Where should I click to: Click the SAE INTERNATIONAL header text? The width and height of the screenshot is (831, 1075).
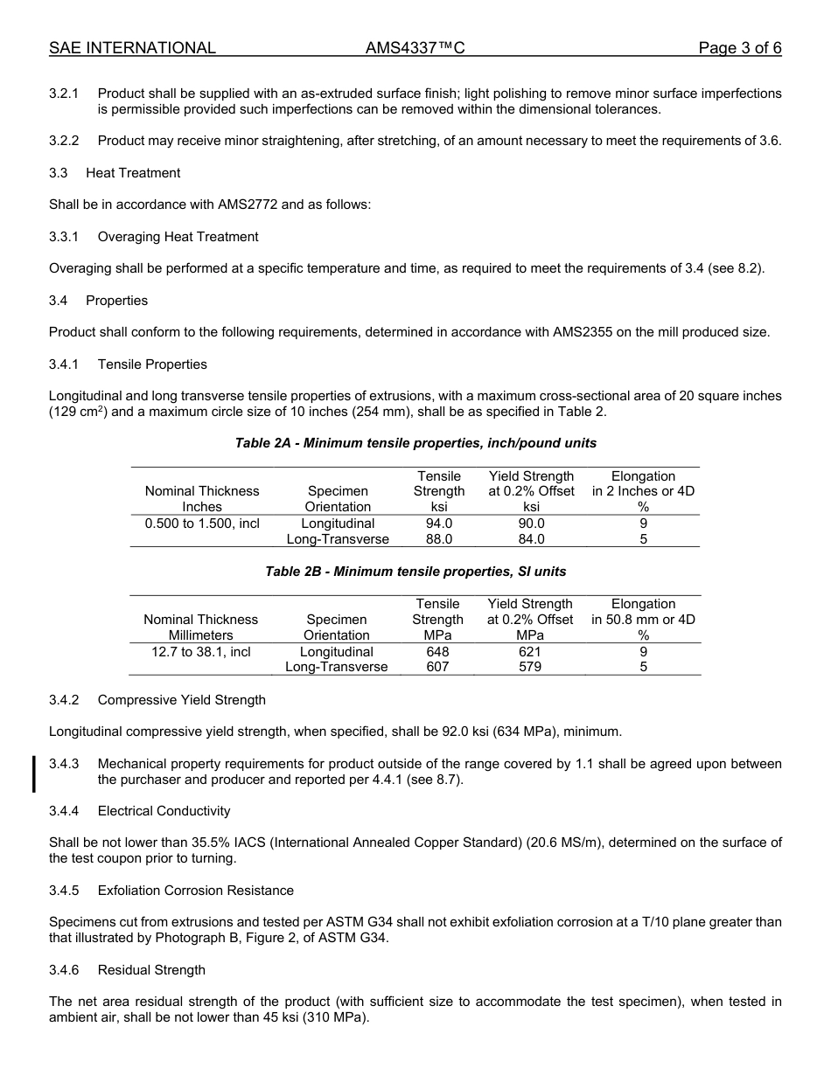[132, 48]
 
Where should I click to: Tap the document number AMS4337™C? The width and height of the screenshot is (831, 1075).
[415, 48]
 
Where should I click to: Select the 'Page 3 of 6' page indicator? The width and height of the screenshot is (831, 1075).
[739, 48]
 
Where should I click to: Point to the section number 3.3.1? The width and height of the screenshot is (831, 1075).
[64, 237]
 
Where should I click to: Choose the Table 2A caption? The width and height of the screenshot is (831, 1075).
[415, 443]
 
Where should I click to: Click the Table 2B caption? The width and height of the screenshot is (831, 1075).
[415, 572]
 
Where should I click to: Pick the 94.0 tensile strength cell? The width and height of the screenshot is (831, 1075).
[439, 524]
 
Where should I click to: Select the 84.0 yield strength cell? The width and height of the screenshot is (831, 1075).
[531, 539]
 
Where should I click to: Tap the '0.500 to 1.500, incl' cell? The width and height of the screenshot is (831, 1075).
[202, 524]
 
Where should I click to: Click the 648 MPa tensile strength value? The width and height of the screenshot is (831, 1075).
[437, 652]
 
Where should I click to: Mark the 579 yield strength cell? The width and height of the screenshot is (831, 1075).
[529, 667]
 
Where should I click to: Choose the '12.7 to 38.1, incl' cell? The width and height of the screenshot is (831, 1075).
[201, 652]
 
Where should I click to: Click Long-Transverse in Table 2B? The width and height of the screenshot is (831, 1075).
[337, 667]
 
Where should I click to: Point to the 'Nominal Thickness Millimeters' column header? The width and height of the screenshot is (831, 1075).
[201, 628]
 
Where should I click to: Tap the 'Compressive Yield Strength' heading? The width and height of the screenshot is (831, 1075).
[181, 700]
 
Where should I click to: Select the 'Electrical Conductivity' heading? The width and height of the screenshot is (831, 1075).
[164, 811]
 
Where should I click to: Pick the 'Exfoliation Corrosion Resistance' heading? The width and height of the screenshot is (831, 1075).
[195, 891]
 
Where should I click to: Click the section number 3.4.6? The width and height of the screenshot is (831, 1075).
[64, 970]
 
